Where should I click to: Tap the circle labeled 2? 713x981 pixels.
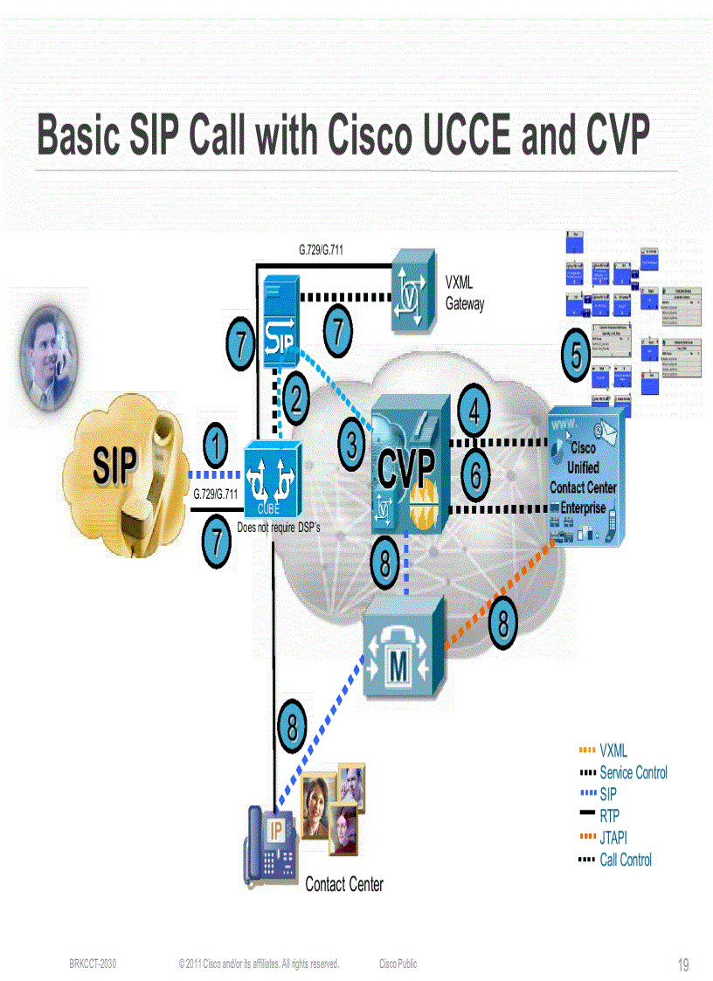(x=297, y=399)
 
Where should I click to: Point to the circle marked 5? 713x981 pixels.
(x=577, y=356)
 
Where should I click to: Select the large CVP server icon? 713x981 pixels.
(x=407, y=472)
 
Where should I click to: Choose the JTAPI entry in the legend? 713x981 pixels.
(x=613, y=838)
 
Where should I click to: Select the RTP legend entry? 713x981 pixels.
(x=609, y=816)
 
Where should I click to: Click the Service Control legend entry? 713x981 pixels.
(x=633, y=772)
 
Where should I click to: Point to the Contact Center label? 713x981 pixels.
(x=344, y=884)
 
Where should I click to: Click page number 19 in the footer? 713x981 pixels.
(x=683, y=965)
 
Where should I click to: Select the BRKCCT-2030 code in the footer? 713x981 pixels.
(x=93, y=964)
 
